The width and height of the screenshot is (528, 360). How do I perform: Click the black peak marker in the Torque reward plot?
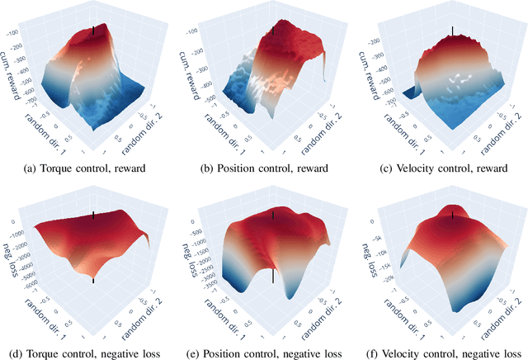pyautogui.click(x=93, y=31)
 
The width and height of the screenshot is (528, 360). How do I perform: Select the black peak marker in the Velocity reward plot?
pyautogui.click(x=452, y=32)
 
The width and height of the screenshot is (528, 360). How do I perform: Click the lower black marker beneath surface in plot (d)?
pyautogui.click(x=93, y=281)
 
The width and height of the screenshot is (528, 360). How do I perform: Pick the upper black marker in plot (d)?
pyautogui.click(x=93, y=216)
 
